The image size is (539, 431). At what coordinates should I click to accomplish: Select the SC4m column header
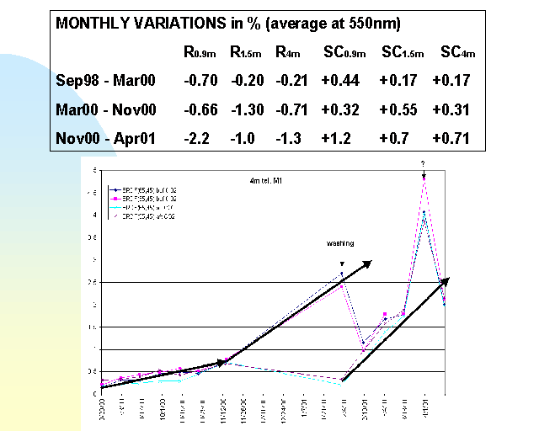[455, 52]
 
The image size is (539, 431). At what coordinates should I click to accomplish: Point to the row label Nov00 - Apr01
[102, 138]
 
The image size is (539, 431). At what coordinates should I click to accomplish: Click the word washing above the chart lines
[340, 243]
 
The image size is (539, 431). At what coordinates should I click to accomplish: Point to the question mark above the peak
[423, 165]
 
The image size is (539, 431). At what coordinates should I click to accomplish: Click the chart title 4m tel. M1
[261, 180]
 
